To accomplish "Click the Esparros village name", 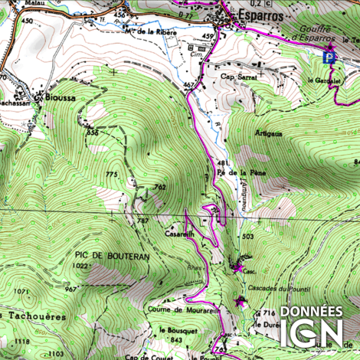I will (258, 15).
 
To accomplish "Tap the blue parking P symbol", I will (329, 56).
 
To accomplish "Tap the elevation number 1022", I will (80, 266).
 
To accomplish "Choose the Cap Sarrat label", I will (237, 77).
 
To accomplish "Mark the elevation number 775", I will (112, 175).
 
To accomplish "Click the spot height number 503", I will (247, 237).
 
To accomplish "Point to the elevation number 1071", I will (21, 292).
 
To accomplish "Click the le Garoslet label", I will (322, 80).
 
